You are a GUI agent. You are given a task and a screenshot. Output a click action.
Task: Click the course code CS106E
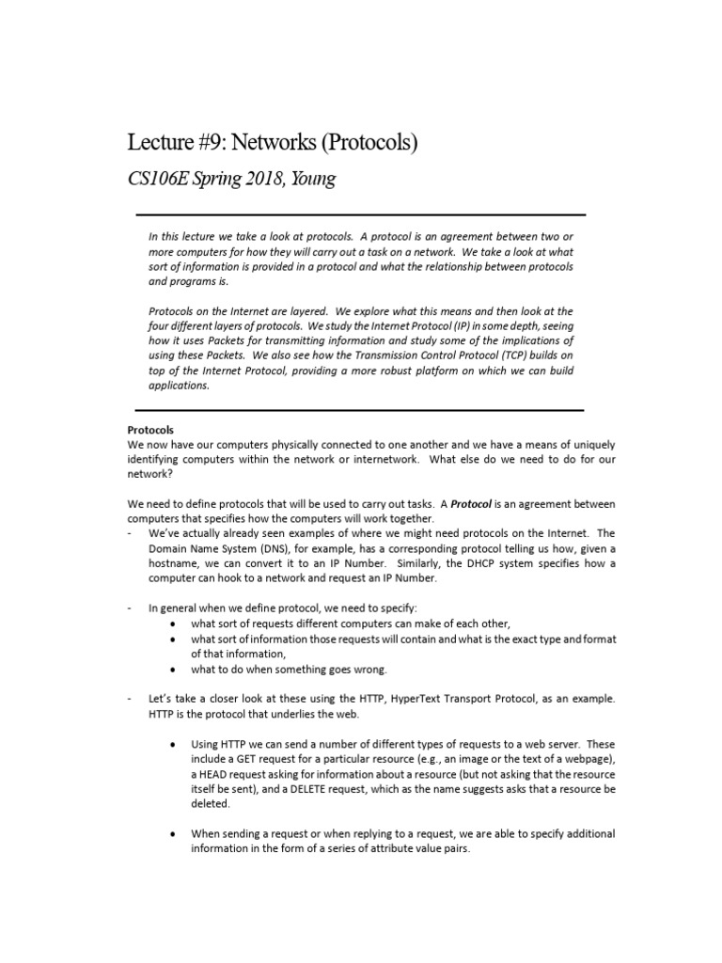[156, 178]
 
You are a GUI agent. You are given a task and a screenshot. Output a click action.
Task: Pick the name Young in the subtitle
[312, 179]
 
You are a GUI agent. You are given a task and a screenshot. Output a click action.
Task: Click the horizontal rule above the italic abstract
[361, 214]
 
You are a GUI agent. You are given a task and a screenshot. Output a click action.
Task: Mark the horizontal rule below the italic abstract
[361, 410]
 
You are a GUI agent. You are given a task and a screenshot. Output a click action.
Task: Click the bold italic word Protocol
[472, 503]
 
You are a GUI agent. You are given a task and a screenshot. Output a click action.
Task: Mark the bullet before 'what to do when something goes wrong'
[173, 670]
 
